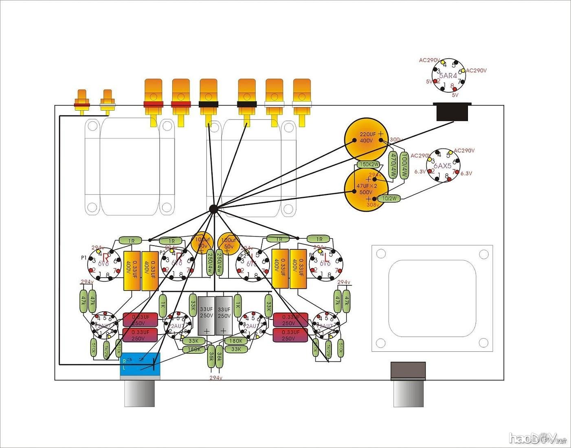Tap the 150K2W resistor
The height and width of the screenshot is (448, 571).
tap(369, 164)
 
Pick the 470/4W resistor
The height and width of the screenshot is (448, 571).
tap(393, 165)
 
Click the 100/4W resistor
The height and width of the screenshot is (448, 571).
tap(404, 165)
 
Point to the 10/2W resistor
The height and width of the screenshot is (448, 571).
tap(389, 198)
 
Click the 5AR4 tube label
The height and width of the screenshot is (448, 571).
tap(448, 76)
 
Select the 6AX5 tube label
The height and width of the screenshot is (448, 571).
tap(442, 166)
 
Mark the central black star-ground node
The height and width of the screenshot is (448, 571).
tap(213, 209)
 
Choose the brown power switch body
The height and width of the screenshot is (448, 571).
tap(408, 370)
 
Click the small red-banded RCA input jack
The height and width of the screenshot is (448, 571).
tap(81, 102)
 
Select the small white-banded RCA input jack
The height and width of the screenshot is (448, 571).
tap(108, 102)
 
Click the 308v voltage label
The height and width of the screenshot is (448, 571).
tap(372, 205)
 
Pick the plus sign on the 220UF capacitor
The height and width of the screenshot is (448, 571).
tap(381, 134)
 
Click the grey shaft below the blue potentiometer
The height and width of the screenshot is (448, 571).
tap(139, 393)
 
